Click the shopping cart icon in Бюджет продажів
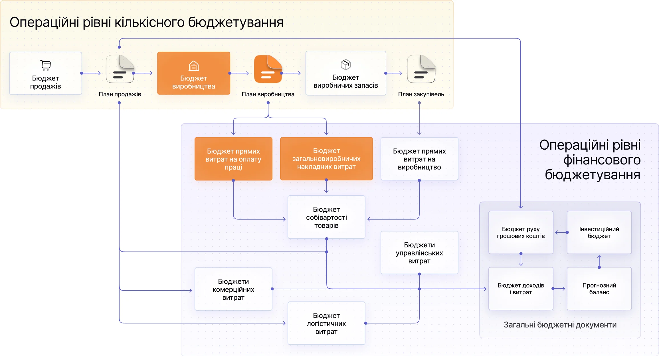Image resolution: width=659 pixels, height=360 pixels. point(46,65)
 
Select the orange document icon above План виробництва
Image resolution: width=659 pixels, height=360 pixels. point(268,69)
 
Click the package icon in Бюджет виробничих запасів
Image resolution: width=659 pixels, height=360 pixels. point(346,65)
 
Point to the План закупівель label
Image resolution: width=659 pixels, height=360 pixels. point(421,94)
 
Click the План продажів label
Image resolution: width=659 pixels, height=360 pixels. point(120,94)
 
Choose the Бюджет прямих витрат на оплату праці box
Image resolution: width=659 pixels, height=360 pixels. point(233,159)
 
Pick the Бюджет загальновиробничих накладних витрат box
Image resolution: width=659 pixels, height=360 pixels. point(326,159)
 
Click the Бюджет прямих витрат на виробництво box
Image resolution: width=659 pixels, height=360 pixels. point(419,159)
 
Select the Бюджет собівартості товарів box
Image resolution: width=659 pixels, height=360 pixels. point(326,217)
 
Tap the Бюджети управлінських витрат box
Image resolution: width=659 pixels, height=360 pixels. point(419,253)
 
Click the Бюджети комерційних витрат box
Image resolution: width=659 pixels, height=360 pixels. point(233,289)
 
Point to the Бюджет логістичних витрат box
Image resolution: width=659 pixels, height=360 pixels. point(326,323)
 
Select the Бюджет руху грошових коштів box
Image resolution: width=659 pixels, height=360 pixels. point(521,232)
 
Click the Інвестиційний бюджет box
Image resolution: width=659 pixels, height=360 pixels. point(599,232)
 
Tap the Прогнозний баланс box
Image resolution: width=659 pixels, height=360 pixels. point(599,289)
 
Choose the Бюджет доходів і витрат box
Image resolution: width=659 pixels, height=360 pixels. point(521,289)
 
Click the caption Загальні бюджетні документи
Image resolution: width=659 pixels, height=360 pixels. point(560,325)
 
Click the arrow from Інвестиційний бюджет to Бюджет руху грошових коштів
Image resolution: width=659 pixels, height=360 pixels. point(560,232)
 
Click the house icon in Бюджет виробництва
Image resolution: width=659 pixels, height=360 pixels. point(194,66)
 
